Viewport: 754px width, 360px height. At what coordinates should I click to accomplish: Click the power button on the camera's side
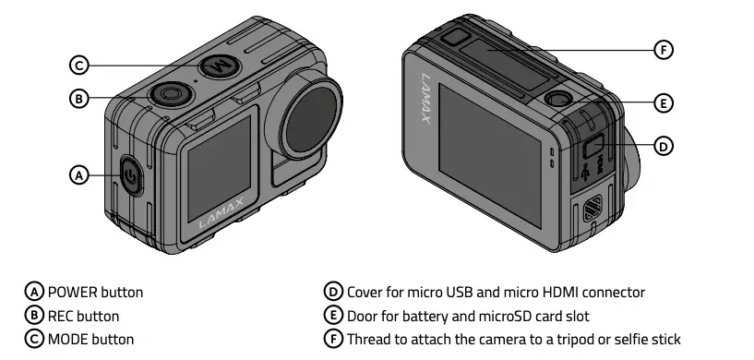click(131, 175)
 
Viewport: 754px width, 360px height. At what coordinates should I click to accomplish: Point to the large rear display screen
click(490, 138)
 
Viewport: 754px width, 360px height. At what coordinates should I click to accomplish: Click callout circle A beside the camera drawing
click(79, 174)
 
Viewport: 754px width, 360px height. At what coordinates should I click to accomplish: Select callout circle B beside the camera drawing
click(79, 98)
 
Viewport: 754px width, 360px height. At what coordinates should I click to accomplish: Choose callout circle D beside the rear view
click(663, 146)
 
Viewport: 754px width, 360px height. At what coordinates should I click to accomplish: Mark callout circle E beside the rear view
click(663, 102)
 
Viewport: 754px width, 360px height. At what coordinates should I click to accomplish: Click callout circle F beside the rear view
click(663, 50)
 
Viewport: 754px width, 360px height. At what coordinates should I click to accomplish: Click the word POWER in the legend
click(71, 293)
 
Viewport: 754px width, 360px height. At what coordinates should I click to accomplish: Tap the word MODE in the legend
click(69, 339)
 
